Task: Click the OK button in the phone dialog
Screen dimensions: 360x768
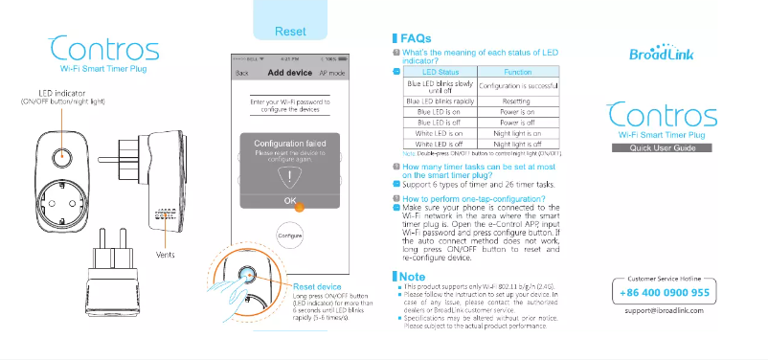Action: pos(290,201)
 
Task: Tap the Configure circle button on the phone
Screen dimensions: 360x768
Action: pos(290,235)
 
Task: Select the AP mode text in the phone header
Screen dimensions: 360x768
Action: pos(332,73)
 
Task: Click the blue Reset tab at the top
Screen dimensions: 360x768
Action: pos(290,32)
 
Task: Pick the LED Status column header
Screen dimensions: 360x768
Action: pos(440,73)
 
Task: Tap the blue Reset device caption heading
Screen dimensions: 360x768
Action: pos(317,286)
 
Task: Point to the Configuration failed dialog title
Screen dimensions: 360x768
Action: pos(290,143)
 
